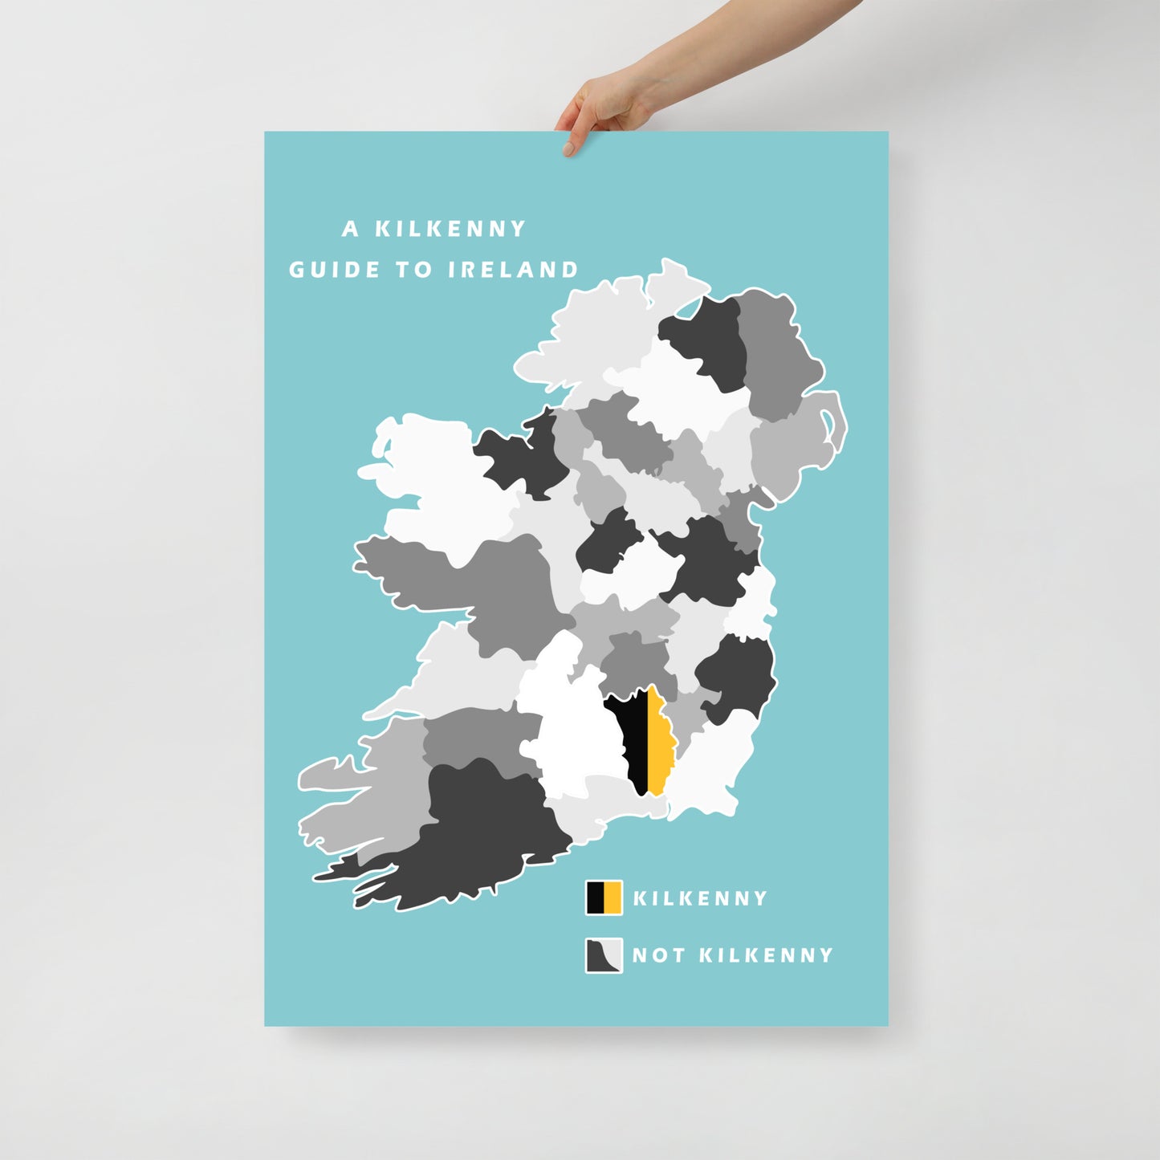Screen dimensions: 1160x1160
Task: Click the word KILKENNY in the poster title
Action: [450, 230]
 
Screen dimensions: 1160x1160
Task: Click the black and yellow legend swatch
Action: [604, 897]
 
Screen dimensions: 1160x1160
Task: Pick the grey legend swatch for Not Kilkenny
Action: [604, 955]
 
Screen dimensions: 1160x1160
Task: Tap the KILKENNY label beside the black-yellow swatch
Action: [700, 898]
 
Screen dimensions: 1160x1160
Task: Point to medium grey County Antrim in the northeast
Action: [775, 353]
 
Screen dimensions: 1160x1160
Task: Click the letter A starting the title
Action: [350, 230]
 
